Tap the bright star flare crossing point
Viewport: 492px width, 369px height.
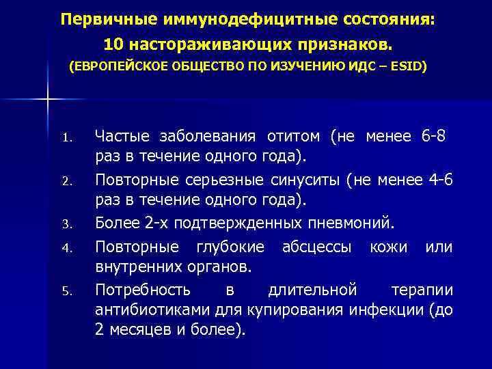click(x=48, y=100)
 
